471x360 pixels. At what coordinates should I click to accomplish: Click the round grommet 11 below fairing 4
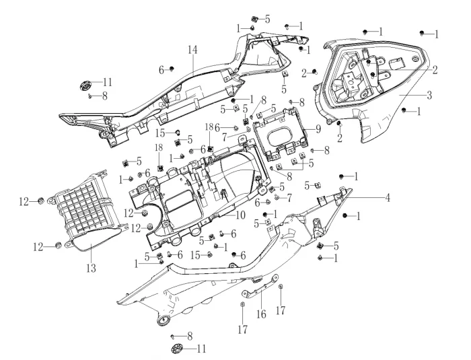(x=178, y=348)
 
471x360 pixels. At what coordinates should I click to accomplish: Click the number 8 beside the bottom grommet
(x=190, y=335)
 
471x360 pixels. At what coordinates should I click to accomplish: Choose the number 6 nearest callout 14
(x=161, y=69)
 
